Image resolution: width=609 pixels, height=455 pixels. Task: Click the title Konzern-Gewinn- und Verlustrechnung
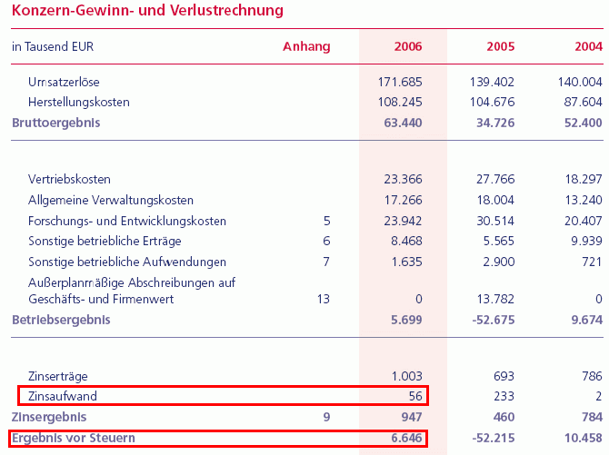pos(146,11)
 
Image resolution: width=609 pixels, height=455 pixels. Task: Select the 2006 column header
pos(408,46)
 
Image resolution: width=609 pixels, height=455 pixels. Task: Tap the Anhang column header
pos(306,46)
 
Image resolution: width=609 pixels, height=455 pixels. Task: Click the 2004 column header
pos(588,46)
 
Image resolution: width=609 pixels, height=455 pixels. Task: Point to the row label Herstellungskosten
pos(79,103)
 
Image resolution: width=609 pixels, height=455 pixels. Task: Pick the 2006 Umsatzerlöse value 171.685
pos(400,83)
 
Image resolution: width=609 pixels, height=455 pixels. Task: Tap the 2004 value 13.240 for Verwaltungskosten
pos(582,201)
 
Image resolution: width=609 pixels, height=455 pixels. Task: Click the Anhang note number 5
pos(325,221)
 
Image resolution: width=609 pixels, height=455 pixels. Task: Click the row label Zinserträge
pos(58,377)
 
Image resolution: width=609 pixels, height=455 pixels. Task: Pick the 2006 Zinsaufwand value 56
pos(414,397)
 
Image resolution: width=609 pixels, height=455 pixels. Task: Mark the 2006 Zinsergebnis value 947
pos(411,418)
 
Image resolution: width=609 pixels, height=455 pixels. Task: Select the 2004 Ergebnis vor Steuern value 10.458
pos(582,439)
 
